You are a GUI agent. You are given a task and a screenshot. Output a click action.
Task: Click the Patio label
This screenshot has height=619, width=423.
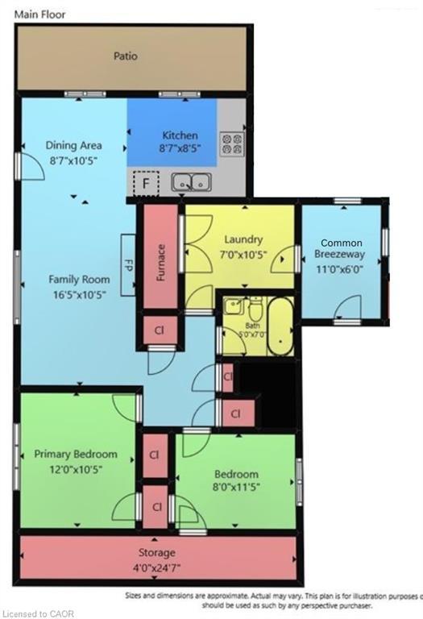pyautogui.click(x=125, y=56)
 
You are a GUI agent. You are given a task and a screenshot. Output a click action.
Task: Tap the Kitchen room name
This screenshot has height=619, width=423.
pyautogui.click(x=180, y=135)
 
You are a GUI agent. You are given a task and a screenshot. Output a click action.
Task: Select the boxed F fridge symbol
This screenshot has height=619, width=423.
pyautogui.click(x=146, y=184)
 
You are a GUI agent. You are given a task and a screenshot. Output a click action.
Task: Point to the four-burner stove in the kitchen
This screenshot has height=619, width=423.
pyautogui.click(x=233, y=143)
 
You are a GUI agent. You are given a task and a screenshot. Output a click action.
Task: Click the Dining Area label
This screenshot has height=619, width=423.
pyautogui.click(x=73, y=146)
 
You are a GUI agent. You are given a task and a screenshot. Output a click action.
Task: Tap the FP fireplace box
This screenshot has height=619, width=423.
pyautogui.click(x=128, y=264)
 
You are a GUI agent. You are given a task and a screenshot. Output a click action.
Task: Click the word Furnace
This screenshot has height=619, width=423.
pyautogui.click(x=161, y=261)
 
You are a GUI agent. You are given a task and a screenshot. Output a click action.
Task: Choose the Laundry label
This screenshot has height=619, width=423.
pyautogui.click(x=243, y=239)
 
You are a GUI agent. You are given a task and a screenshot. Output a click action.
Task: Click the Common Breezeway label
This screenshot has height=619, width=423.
pyautogui.click(x=341, y=248)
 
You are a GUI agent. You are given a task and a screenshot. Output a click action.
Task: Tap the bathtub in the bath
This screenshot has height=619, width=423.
pyautogui.click(x=280, y=326)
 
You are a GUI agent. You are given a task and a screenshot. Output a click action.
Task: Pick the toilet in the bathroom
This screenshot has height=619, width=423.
pyautogui.click(x=255, y=309)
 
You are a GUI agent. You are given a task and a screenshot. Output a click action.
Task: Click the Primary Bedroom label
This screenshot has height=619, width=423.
pyautogui.click(x=76, y=455)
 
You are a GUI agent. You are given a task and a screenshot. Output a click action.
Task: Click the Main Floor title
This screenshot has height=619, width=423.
pyautogui.click(x=39, y=14)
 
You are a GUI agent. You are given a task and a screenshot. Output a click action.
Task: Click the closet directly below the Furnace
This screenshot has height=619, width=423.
pyautogui.click(x=160, y=330)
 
